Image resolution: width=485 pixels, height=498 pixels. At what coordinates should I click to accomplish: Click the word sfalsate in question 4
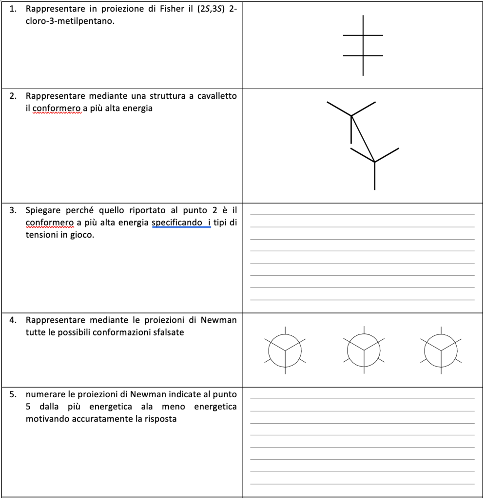pos(168,332)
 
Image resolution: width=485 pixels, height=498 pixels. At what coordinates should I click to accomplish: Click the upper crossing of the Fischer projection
pos(363,36)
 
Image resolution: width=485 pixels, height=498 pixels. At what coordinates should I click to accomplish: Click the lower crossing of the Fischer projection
pos(363,55)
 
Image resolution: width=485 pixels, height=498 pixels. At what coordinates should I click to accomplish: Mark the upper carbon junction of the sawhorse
pos(351,116)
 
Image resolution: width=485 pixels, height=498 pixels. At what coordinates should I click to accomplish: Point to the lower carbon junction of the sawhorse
pos(374,162)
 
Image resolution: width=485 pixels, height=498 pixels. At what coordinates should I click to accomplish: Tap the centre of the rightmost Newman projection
pos(441,350)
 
